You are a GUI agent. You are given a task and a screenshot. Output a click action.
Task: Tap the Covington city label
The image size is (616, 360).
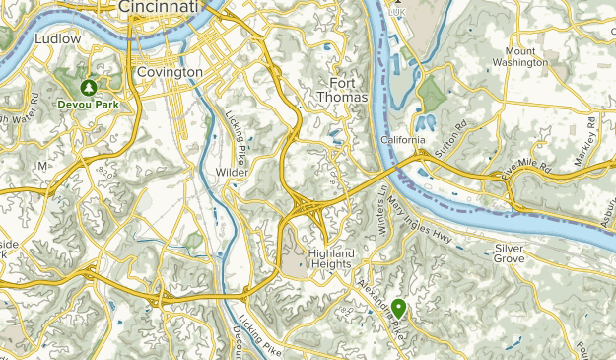pyautogui.click(x=170, y=72)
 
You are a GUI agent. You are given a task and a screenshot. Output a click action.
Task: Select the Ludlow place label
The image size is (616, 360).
pyautogui.click(x=56, y=38)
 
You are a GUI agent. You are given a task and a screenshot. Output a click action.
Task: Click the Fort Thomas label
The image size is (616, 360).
pyautogui.click(x=343, y=90)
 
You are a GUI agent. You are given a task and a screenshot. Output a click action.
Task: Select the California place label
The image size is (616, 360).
pyautogui.click(x=403, y=140)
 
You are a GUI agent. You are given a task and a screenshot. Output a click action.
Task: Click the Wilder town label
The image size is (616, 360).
pyautogui.click(x=233, y=172)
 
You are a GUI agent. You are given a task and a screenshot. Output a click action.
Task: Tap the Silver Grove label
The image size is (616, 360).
pyautogui.click(x=517, y=254)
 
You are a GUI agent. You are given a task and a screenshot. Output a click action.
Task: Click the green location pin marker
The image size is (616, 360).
pyautogui.click(x=398, y=308)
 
